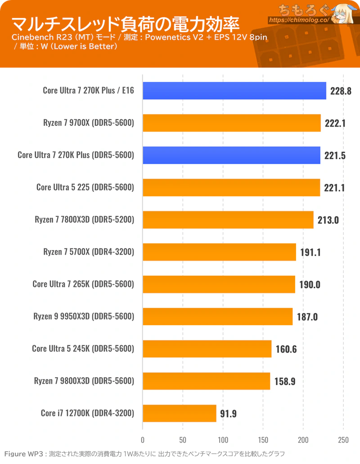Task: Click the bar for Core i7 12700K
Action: (180, 413)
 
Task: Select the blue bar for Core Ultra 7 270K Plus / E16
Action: (234, 91)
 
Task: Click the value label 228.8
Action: (340, 91)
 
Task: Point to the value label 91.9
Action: (229, 413)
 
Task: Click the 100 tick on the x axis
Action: (223, 440)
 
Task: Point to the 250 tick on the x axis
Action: (343, 440)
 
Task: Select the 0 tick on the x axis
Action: (143, 440)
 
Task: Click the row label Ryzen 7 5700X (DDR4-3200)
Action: (89, 252)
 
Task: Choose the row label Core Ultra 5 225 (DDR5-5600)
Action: (85, 188)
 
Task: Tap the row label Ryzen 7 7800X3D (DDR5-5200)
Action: (85, 220)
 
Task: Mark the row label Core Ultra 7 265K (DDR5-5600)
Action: (84, 285)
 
